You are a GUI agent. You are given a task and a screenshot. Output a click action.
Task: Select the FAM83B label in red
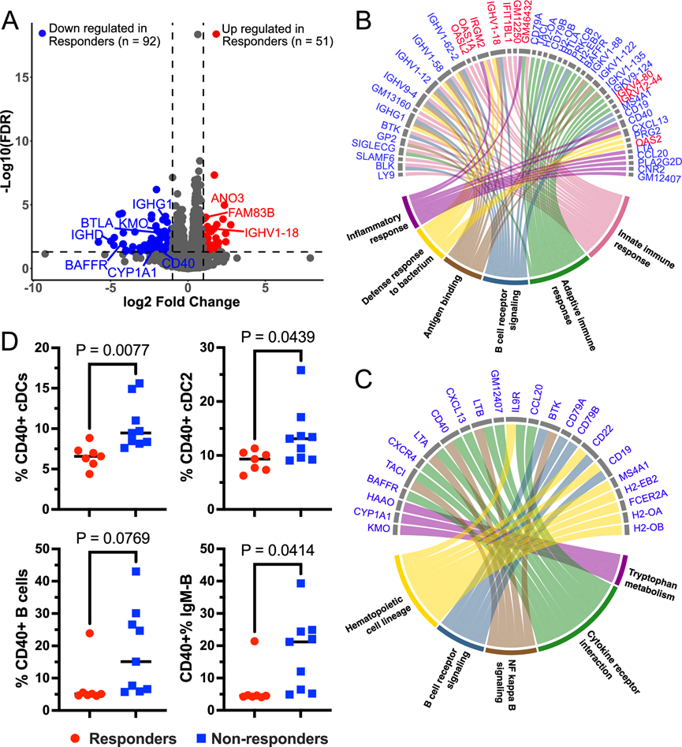[x=251, y=213]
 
